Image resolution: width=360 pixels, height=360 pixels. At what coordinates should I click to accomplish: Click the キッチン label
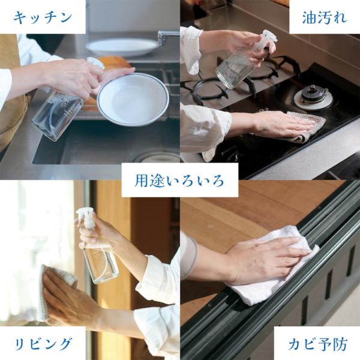(43, 18)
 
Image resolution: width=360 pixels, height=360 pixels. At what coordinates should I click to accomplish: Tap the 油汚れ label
(325, 17)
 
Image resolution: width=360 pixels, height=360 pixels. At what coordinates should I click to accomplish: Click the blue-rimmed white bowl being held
(133, 100)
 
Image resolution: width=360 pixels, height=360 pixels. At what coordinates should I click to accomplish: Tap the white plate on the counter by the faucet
(122, 47)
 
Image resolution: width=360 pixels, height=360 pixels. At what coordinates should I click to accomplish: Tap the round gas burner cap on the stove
(313, 97)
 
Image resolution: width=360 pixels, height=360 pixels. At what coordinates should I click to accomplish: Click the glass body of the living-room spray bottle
(101, 264)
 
